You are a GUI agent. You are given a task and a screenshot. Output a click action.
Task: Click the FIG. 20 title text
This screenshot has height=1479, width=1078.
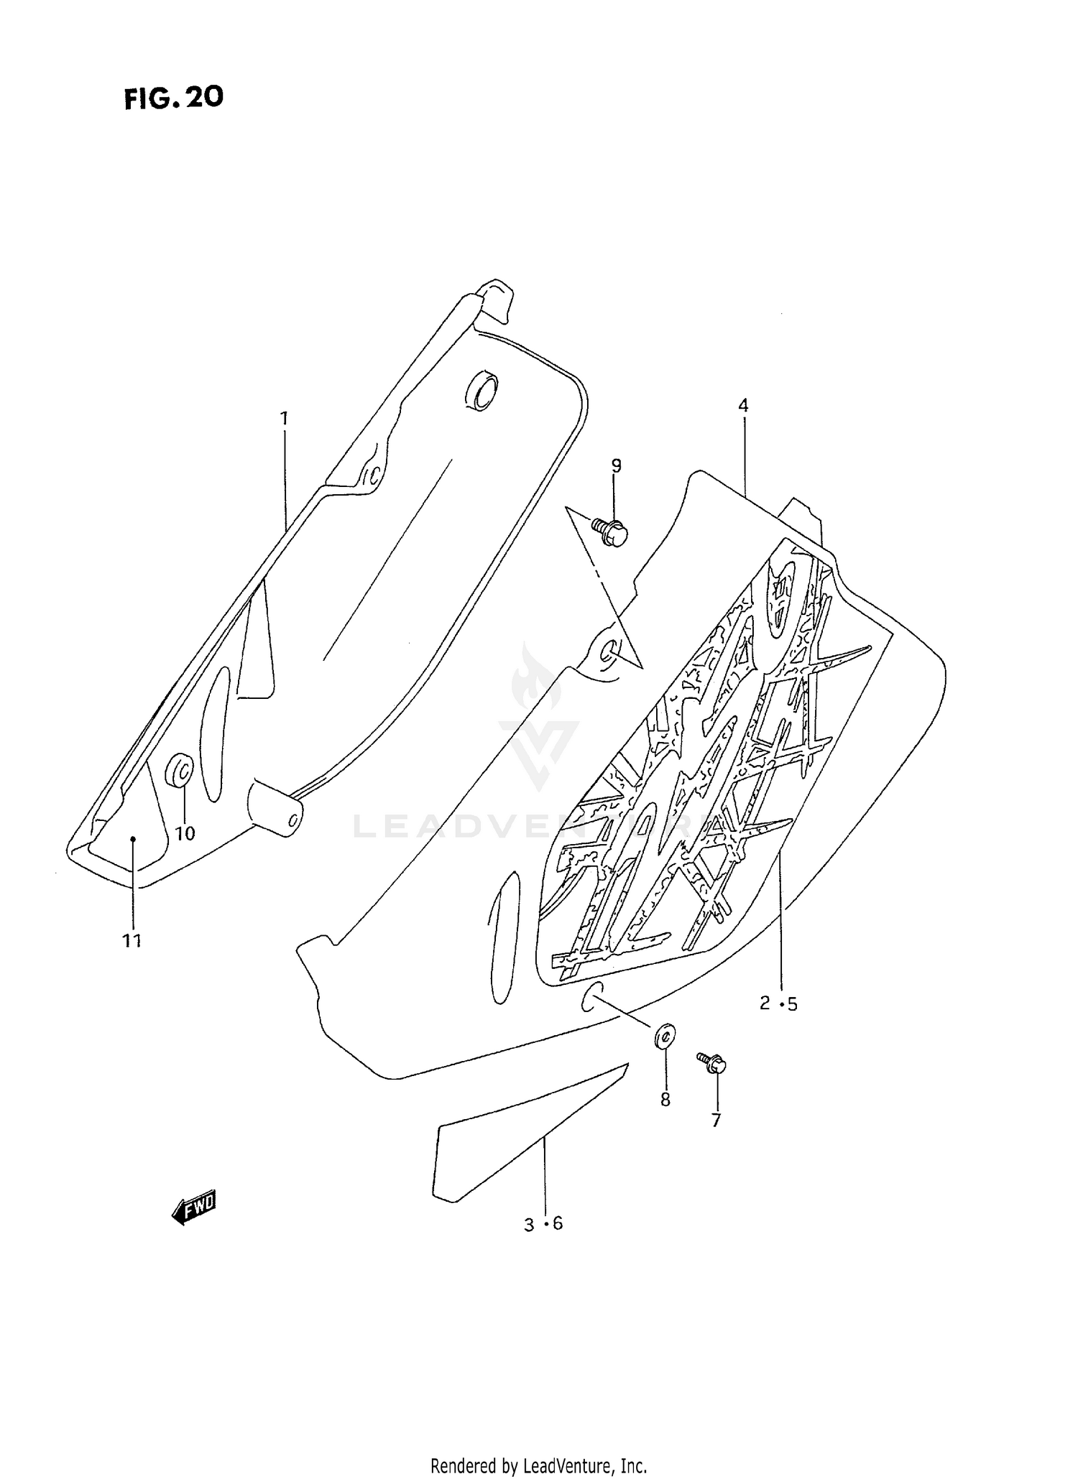(x=173, y=98)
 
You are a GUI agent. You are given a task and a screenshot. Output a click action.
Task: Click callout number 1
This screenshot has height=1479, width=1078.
(x=284, y=417)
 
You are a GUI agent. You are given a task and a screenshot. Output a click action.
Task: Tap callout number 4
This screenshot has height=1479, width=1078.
(x=743, y=406)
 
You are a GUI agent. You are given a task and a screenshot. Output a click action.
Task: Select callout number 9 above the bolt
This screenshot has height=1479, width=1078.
(x=616, y=465)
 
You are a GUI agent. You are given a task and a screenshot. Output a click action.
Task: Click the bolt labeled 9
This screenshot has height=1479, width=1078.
(x=611, y=532)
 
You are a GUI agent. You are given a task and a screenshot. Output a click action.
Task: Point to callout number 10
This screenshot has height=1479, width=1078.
(x=185, y=833)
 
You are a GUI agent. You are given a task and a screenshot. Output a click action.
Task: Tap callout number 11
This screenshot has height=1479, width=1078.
(x=132, y=940)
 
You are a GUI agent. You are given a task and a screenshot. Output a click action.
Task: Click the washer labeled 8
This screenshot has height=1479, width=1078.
(x=665, y=1036)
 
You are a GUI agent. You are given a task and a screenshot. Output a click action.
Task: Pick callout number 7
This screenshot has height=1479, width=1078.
(x=716, y=1120)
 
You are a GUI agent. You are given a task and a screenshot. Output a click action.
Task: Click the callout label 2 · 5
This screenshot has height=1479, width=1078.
(x=778, y=1003)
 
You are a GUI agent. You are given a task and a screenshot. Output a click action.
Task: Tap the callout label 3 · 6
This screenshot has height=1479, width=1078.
(x=543, y=1224)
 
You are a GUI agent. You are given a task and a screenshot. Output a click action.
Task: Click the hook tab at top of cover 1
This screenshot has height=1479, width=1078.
(x=497, y=298)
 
